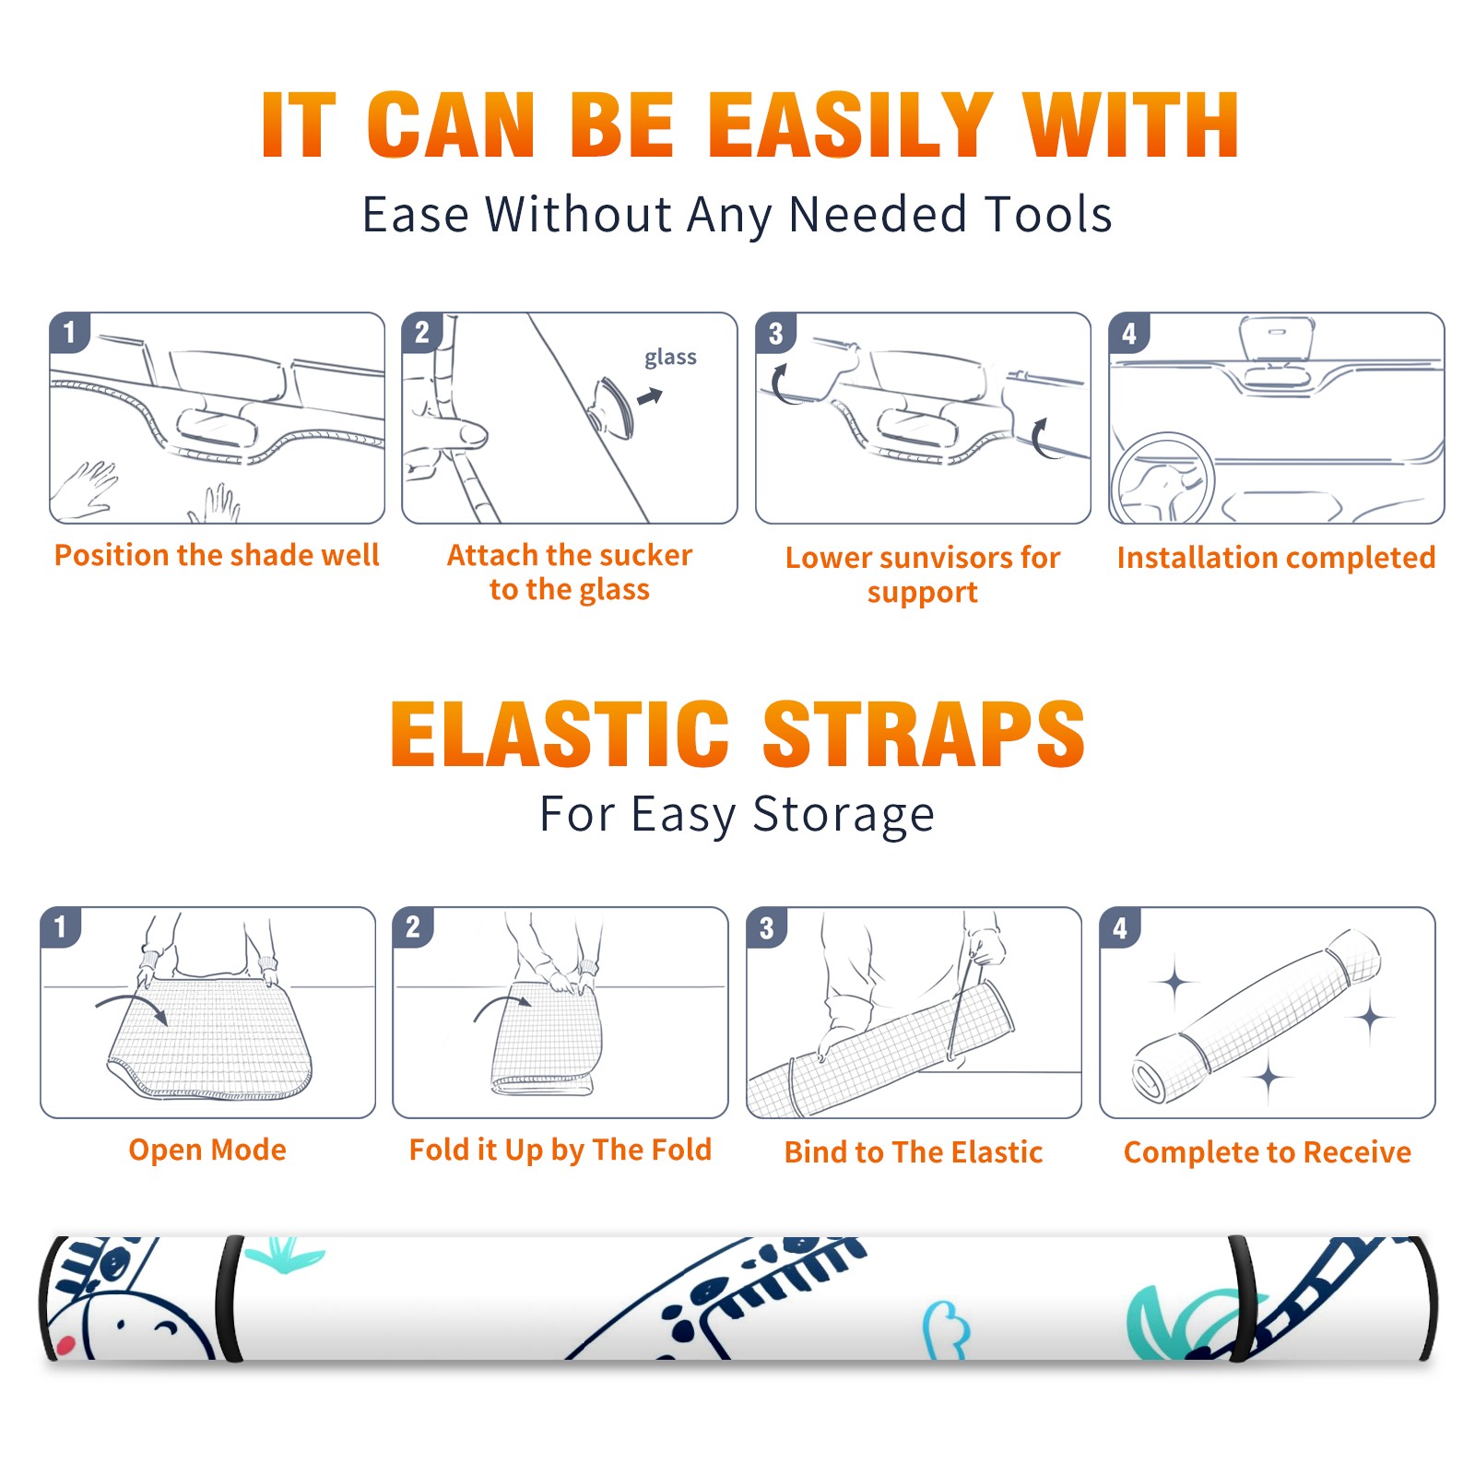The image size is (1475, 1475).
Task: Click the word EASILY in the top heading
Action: click(x=851, y=125)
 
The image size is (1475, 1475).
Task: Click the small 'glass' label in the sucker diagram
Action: click(x=670, y=358)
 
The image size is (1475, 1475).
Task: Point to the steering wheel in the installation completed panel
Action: click(x=1162, y=478)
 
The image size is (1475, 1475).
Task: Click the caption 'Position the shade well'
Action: click(x=217, y=555)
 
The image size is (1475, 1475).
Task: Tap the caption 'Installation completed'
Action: click(x=1276, y=558)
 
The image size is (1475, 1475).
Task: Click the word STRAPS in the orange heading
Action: click(x=924, y=734)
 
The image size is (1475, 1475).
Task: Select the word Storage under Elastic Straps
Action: click(x=844, y=815)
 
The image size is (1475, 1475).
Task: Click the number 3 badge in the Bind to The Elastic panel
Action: click(x=767, y=927)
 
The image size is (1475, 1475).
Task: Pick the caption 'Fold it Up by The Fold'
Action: click(x=560, y=1150)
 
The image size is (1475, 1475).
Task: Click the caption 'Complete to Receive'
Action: click(x=1268, y=1152)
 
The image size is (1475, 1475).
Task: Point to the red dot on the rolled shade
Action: click(x=65, y=1346)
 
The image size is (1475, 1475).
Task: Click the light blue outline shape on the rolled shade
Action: click(x=947, y=1330)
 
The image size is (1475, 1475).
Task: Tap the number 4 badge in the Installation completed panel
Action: click(x=1129, y=334)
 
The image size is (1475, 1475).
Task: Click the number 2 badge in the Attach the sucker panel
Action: click(x=422, y=333)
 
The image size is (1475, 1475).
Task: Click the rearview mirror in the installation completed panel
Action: click(x=1277, y=339)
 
